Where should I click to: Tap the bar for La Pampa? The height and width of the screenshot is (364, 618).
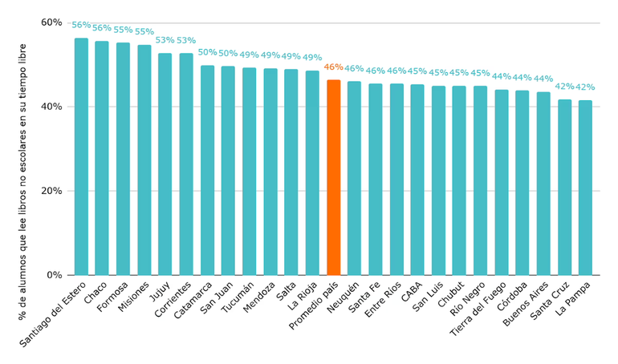click(585, 188)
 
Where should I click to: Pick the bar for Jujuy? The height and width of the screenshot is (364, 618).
click(165, 164)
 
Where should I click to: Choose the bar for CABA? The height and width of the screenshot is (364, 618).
click(417, 180)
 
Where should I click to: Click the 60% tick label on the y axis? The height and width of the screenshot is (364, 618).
click(51, 22)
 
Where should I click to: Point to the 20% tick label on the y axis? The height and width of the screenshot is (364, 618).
click(51, 191)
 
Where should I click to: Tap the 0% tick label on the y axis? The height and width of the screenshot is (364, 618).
click(55, 275)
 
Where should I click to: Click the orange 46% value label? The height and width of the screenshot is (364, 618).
click(333, 67)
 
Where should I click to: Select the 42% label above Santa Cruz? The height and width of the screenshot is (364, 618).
click(564, 87)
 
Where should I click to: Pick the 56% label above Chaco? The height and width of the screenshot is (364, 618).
click(102, 28)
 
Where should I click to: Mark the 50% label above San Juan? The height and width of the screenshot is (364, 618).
click(228, 53)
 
